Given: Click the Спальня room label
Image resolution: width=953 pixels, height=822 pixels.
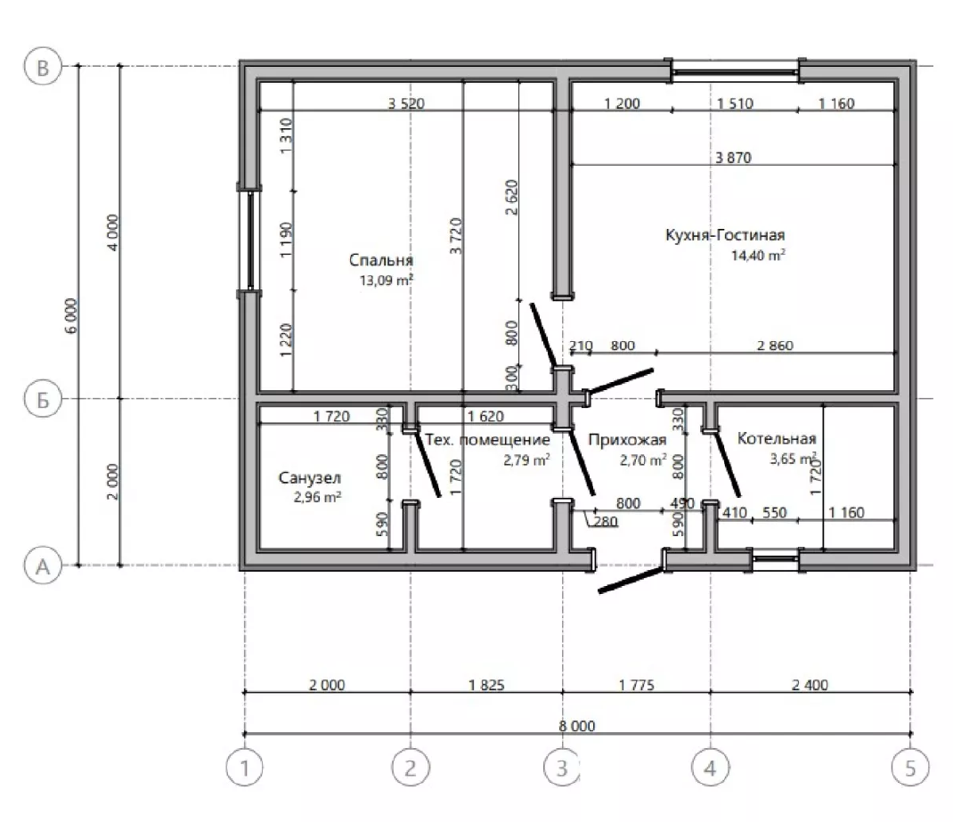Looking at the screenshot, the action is pos(381,260).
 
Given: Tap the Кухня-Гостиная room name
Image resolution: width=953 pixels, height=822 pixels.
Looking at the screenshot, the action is pos(725,234).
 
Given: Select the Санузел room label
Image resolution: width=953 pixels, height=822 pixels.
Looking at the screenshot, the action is pos(309,478).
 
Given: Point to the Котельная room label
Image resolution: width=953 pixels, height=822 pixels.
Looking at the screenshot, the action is pos(776,438).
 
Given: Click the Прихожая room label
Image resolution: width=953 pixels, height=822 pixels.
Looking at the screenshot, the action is pos(627,439).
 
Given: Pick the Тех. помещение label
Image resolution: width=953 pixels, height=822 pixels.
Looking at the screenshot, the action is pos(487,439).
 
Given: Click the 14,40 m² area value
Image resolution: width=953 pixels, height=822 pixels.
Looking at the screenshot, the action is pos(757,256).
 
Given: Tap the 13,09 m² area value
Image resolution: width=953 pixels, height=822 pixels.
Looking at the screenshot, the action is pos(387,281).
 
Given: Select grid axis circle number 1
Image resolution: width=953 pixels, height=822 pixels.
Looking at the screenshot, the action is pos(244,768).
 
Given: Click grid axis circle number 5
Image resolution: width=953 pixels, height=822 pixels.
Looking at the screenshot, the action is pos(910,768).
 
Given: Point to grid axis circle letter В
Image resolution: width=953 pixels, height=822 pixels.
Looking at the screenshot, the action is pos(43,66).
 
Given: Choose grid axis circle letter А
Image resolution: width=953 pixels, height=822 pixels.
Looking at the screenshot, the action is pos(43,566).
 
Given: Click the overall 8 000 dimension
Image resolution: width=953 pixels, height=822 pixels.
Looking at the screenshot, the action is pos(577,726).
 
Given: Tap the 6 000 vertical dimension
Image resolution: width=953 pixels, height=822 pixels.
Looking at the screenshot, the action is pos(72,315).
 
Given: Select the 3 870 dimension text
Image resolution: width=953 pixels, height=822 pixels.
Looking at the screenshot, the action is pos(733,158).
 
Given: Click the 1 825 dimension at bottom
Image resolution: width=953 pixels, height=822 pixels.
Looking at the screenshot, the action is pos(486,685).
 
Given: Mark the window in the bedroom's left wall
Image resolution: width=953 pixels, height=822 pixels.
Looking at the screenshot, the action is pos(249,241).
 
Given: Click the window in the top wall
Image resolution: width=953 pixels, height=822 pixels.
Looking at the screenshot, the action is pos(735,71).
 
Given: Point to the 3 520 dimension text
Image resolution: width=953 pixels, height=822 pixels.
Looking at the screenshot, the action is pos(406,103).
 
